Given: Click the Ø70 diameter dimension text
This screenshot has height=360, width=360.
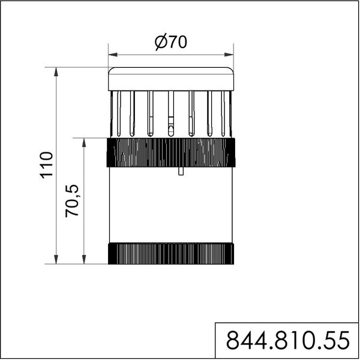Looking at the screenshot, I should click(x=171, y=43).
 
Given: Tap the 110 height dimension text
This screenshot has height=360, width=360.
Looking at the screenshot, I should click(x=47, y=166).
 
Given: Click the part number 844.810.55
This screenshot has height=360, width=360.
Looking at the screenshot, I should click(x=287, y=341).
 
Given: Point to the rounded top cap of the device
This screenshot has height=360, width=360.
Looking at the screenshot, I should click(x=171, y=79).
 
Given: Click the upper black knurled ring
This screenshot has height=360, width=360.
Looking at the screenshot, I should click(x=171, y=152).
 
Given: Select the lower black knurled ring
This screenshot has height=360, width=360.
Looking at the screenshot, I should click(x=171, y=253).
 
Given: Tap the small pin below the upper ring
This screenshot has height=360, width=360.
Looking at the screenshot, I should click(x=181, y=172).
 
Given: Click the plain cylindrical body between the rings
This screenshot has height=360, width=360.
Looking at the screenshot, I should click(x=171, y=204).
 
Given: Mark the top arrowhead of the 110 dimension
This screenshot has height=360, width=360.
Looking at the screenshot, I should click(x=56, y=72).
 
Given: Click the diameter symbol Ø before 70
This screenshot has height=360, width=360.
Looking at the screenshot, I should click(x=160, y=43).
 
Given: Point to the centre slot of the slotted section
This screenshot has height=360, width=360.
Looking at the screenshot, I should click(x=171, y=114).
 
